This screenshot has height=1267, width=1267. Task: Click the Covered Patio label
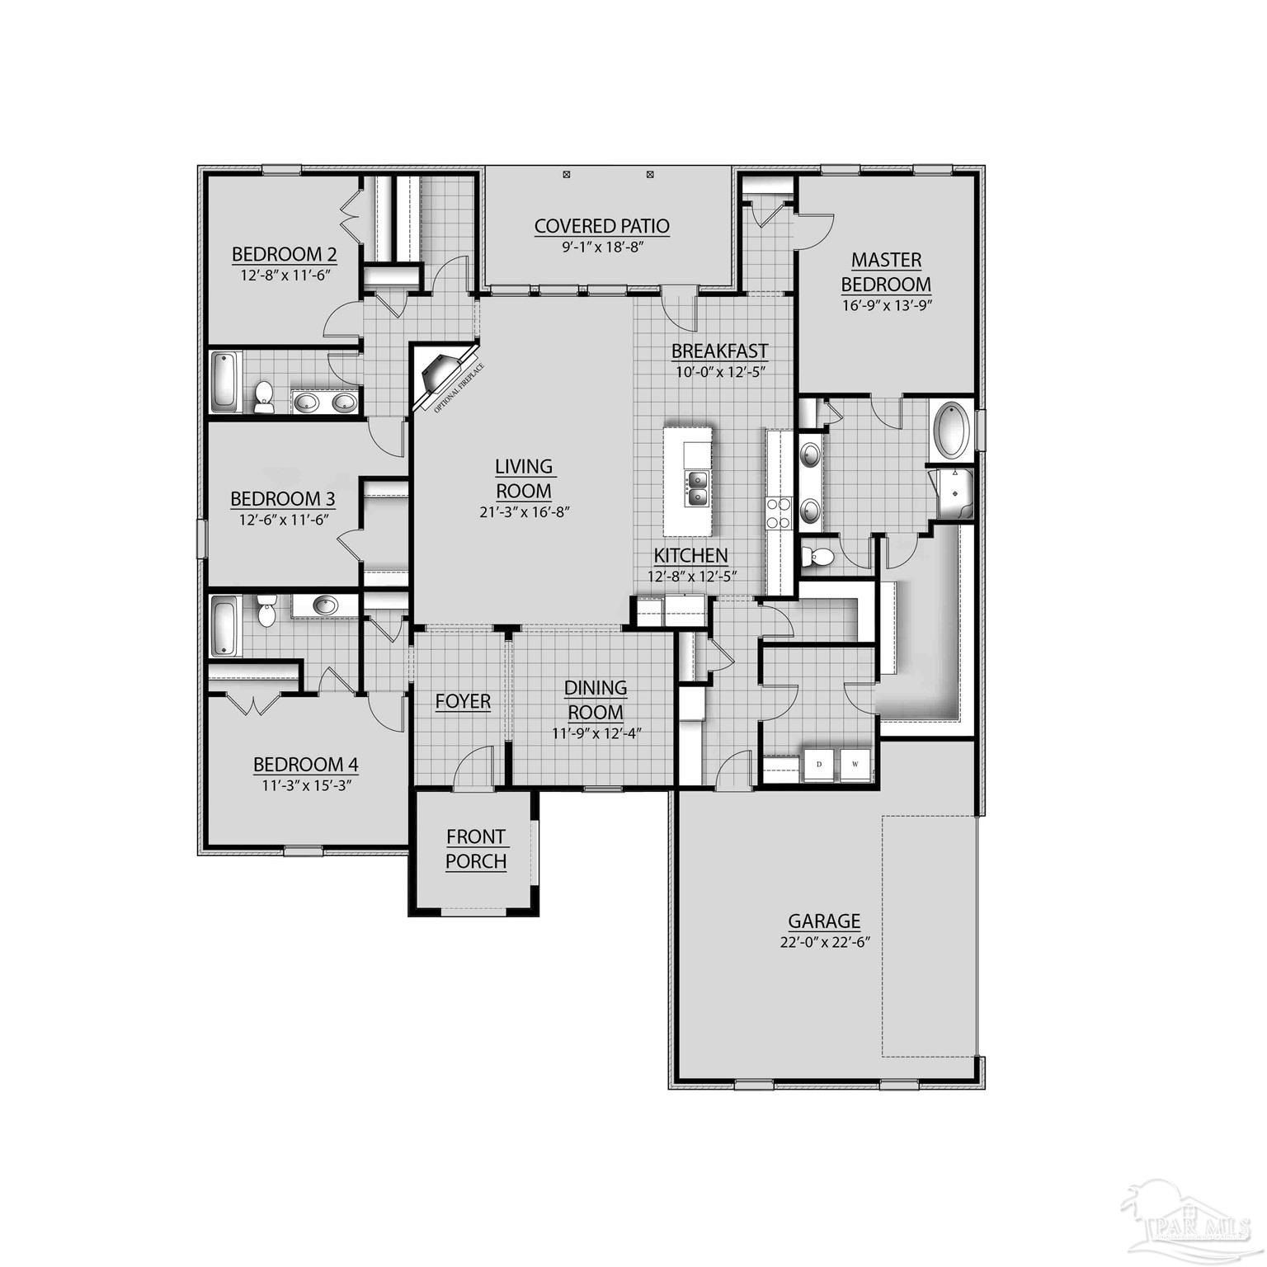point(601,226)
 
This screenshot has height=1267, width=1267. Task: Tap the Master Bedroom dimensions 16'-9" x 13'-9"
point(886,304)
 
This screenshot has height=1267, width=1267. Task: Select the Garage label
point(824,921)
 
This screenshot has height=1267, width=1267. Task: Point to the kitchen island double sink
point(697,487)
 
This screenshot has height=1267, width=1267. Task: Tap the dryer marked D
point(819,764)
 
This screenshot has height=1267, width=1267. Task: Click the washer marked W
point(855,764)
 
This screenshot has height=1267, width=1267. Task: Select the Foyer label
point(463,702)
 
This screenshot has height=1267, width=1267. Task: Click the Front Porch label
point(476,849)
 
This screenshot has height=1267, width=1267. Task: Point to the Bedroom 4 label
point(305,765)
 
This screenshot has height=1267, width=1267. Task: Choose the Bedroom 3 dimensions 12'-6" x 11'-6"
point(283,520)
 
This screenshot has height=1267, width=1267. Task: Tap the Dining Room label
point(596,699)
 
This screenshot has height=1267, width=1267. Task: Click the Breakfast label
point(719,351)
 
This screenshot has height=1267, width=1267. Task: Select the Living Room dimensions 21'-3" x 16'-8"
point(525,511)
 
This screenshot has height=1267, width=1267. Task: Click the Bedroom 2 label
point(284,253)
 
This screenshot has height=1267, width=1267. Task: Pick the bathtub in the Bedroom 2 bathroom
point(224,382)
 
